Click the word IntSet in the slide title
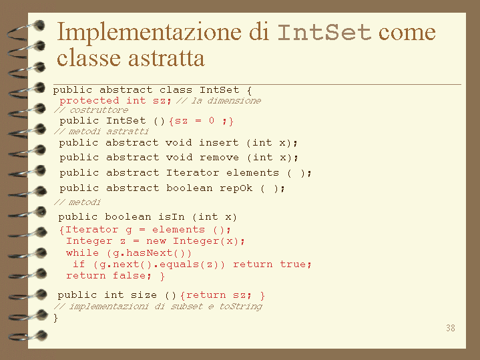324,33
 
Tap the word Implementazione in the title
149,33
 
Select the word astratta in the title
166,58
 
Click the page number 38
451,328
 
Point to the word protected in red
89,100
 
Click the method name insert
218,142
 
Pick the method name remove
219,158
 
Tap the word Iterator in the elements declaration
192,172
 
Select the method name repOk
236,188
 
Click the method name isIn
172,217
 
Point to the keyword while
82,253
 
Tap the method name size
144,295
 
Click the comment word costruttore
99,110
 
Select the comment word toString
240,307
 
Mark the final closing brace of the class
55,318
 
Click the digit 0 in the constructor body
212,120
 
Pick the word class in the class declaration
176,89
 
